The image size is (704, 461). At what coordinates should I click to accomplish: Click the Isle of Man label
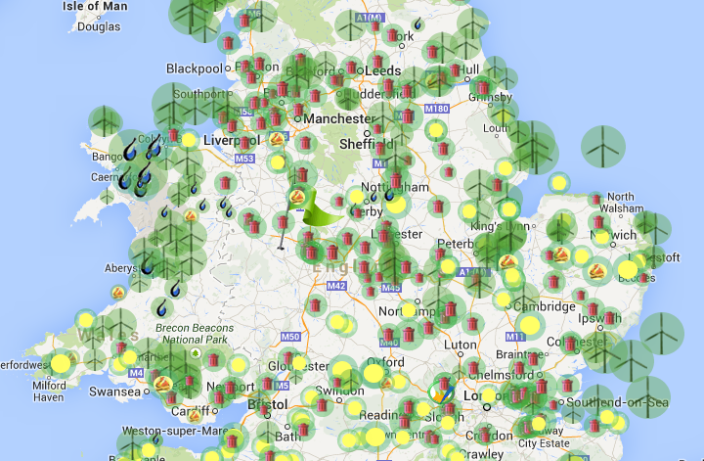95,6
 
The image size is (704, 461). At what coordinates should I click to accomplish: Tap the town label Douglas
100,26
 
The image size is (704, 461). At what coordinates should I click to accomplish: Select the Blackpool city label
195,69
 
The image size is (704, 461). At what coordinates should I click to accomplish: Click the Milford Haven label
49,392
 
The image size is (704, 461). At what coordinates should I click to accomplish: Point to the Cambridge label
545,306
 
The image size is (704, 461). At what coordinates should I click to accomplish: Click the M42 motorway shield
337,286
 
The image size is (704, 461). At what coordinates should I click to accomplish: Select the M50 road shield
289,337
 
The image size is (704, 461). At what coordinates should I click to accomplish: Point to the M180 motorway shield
436,108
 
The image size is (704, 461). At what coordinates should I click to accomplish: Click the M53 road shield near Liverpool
243,159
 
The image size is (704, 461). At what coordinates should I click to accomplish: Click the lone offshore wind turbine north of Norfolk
602,147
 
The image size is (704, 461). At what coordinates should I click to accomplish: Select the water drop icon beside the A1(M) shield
418,23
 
